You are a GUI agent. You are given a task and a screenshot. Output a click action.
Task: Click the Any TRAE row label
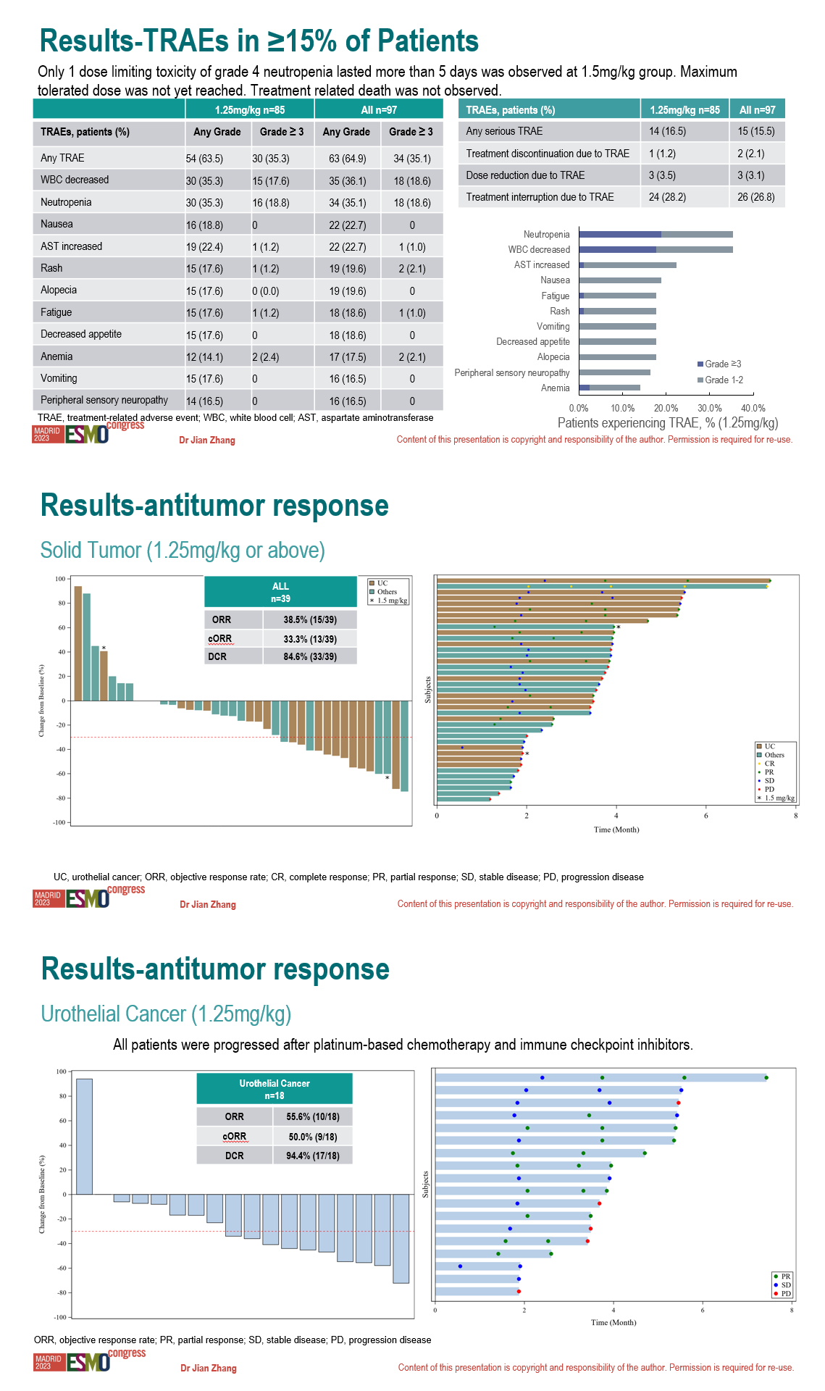[62, 158]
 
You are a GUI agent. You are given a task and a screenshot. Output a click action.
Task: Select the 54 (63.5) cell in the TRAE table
[204, 159]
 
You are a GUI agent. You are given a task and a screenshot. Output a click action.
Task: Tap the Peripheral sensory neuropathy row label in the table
[104, 400]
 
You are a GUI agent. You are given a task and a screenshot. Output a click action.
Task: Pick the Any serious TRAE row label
[504, 131]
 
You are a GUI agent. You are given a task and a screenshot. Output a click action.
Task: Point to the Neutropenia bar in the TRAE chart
[656, 234]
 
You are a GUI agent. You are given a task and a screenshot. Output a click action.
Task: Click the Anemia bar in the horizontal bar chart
[609, 388]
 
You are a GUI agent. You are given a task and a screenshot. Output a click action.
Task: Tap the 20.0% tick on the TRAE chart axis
[666, 408]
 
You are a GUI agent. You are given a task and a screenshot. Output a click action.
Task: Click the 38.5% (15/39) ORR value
[310, 619]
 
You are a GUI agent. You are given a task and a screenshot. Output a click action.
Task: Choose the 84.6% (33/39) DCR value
[310, 656]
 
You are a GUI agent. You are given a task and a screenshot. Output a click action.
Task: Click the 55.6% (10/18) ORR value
[313, 1116]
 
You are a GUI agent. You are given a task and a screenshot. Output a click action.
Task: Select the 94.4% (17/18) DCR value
[313, 1156]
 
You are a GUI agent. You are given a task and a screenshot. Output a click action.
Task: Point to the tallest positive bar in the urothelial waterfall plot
[84, 1136]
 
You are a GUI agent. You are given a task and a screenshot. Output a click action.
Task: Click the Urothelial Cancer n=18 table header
[275, 1089]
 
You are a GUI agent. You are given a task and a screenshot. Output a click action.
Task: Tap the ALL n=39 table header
[280, 592]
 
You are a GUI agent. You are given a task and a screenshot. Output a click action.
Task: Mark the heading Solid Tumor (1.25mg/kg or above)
[183, 551]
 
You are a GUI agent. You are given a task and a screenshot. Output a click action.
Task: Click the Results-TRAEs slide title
[259, 41]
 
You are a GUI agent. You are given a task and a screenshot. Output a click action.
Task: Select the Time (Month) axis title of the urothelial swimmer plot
[613, 1322]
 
